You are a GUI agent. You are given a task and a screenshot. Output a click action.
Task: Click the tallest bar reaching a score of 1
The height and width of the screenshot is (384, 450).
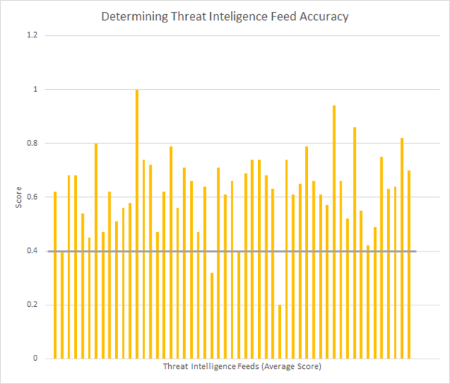[x=137, y=225]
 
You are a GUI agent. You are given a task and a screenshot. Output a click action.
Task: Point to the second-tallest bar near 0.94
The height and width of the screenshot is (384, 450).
[x=334, y=232]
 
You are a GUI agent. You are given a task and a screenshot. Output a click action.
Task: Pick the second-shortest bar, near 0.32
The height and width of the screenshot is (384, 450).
[x=212, y=315]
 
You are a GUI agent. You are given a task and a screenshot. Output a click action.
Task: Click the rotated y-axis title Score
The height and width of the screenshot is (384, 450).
[x=19, y=197]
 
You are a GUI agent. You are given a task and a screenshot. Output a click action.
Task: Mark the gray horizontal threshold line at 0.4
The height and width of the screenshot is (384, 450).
[x=232, y=251]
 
